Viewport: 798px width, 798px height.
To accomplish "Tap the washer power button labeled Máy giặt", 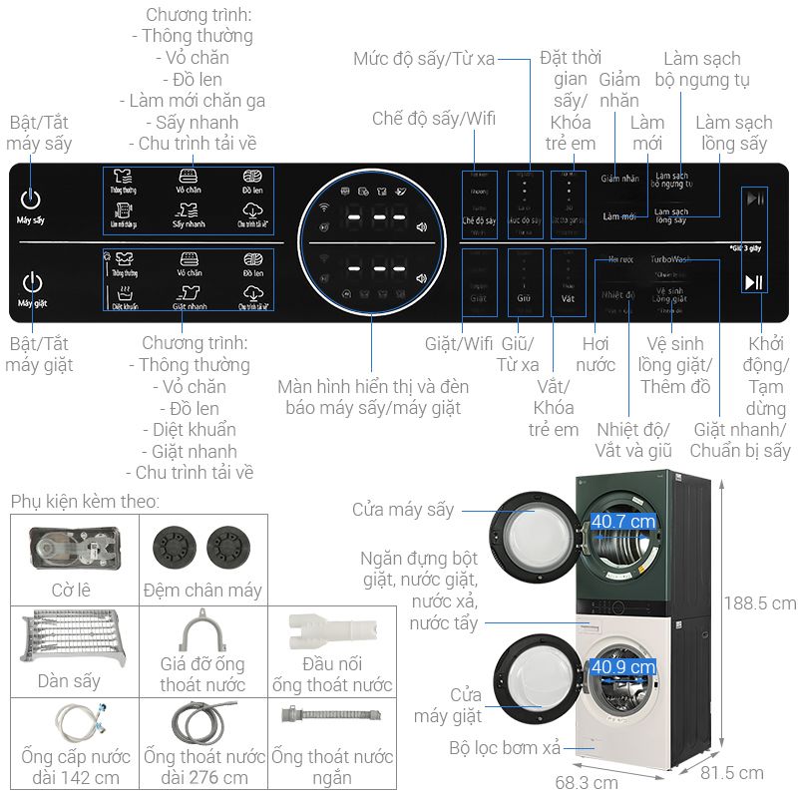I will [32, 282].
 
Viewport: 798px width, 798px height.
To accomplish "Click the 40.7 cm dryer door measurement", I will [623, 521].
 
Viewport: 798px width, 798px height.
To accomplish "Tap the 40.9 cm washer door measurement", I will [623, 666].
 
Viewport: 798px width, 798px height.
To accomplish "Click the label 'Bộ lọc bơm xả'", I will [504, 746].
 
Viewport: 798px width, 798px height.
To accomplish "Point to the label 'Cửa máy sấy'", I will [402, 510].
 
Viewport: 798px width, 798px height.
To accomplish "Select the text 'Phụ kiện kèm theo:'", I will [85, 501].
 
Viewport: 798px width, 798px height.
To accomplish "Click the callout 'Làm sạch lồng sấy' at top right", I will [733, 133].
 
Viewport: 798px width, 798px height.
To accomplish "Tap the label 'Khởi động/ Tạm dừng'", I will [767, 377].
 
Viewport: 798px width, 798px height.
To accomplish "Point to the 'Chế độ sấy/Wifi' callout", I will [433, 119].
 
